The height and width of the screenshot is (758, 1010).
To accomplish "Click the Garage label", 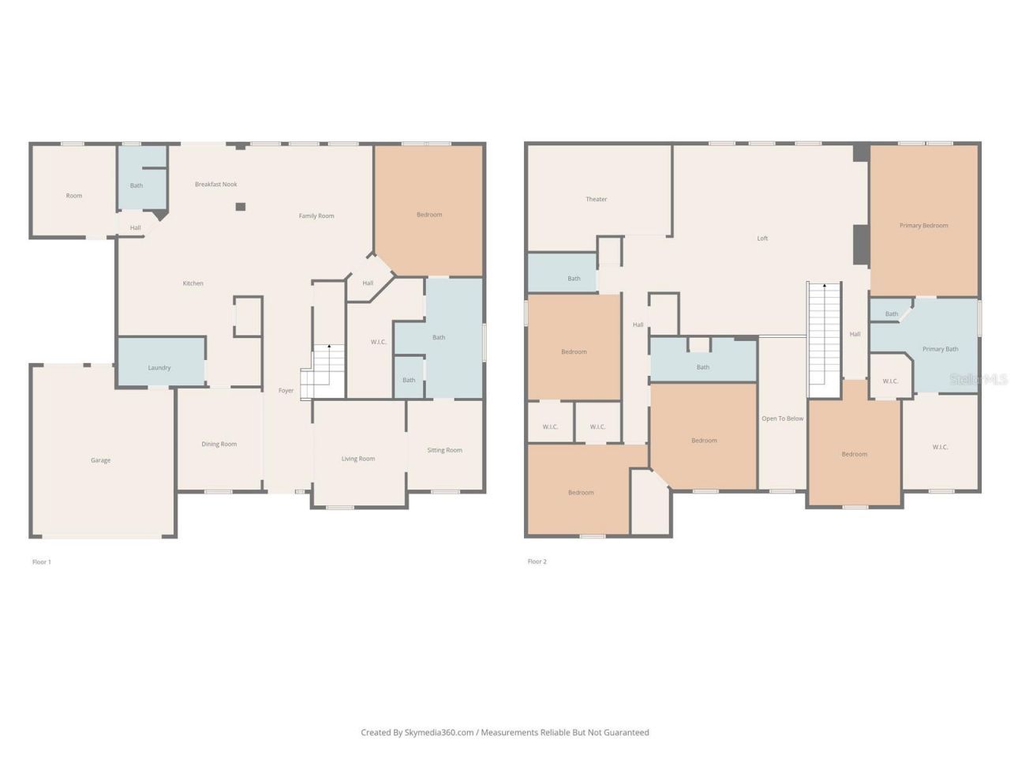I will (100, 460).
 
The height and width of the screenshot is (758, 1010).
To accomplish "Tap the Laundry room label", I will (159, 368).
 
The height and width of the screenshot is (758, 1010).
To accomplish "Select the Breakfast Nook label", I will (216, 185).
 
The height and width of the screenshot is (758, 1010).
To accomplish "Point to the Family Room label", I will (316, 216).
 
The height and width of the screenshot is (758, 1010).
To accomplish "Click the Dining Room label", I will (219, 445).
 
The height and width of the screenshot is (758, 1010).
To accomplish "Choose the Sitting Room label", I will (444, 451).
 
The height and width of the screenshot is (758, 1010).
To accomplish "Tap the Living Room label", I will (358, 459).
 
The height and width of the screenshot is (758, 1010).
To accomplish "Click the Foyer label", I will (286, 391).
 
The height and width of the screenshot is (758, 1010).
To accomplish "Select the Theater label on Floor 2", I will (597, 200).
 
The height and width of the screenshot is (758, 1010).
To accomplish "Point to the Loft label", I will (762, 238).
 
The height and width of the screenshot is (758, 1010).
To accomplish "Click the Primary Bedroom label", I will (923, 226).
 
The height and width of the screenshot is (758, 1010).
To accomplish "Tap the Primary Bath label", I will (940, 349).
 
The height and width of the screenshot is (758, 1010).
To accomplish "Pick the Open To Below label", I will (782, 419).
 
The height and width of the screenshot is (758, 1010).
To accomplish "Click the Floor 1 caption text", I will (42, 562).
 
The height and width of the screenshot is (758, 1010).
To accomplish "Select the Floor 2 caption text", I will (537, 562).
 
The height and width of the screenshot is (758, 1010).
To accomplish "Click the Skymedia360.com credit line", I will (505, 733).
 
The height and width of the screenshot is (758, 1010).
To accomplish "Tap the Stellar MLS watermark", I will (978, 380).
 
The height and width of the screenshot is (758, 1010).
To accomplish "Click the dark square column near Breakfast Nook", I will (241, 207).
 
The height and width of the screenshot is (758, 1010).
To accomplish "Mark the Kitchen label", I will (193, 283).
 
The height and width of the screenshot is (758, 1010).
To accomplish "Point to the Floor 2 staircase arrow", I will (825, 287).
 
